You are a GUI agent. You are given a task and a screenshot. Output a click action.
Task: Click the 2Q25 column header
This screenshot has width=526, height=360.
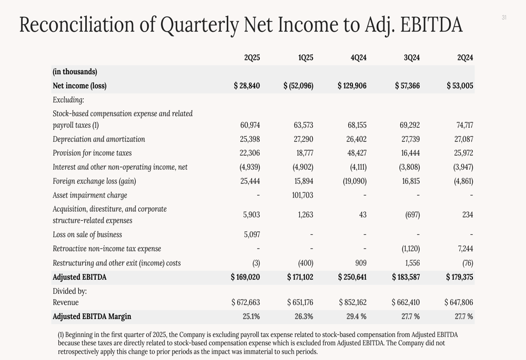pos(252,58)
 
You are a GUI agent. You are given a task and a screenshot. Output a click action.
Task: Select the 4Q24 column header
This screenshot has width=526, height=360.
pos(358,58)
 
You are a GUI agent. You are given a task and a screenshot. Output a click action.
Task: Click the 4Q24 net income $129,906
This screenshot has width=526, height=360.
pos(352,86)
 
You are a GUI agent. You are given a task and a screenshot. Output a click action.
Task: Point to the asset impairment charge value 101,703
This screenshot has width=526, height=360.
pos(302,196)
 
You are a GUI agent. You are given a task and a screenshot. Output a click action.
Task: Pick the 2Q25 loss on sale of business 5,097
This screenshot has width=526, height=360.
pos(251,235)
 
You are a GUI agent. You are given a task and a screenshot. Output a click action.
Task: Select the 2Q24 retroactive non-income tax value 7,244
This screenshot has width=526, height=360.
pos(463,249)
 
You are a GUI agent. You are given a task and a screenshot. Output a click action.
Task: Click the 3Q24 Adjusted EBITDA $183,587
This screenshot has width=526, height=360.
pos(406,277)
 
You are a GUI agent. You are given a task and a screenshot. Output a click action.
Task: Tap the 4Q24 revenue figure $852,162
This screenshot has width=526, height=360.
pos(352,303)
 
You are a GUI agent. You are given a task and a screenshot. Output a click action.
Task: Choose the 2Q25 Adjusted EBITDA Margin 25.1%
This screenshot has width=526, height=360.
pos(251,316)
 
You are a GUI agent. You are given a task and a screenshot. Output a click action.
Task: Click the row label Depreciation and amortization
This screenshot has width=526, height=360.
pos(99,139)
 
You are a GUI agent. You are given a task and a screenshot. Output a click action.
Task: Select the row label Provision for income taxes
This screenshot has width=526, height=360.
pos(92,153)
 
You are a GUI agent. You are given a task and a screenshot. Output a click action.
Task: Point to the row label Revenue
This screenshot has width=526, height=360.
pos(66,303)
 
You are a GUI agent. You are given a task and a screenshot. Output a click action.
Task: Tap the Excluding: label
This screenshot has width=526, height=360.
pos(68,100)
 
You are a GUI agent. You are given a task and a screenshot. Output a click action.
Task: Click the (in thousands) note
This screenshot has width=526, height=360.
pos(75,72)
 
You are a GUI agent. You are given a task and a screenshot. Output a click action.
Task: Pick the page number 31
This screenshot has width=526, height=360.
pos(504,18)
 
